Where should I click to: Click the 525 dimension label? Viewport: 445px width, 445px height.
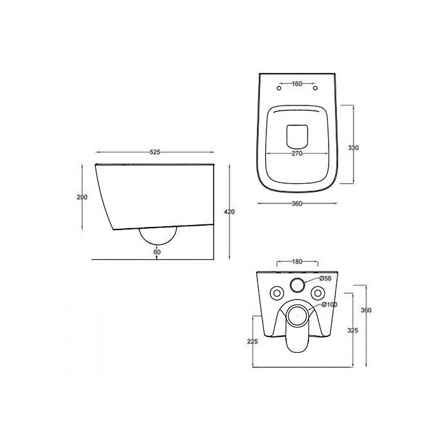pos(155,153)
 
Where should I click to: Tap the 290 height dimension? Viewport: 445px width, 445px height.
pos(82,197)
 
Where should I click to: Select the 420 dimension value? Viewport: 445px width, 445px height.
pos(229,212)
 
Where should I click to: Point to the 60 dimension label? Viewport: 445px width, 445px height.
pos(157,252)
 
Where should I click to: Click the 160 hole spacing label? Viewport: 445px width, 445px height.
pos(297,84)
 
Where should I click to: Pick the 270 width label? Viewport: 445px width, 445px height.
pos(297,154)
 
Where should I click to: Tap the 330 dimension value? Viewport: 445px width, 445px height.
pos(353,148)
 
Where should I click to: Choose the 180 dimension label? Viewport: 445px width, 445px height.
pos(297,262)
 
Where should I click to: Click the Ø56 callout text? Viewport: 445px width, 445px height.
pos(325,278)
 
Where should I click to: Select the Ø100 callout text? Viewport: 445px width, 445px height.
pos(329,305)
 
